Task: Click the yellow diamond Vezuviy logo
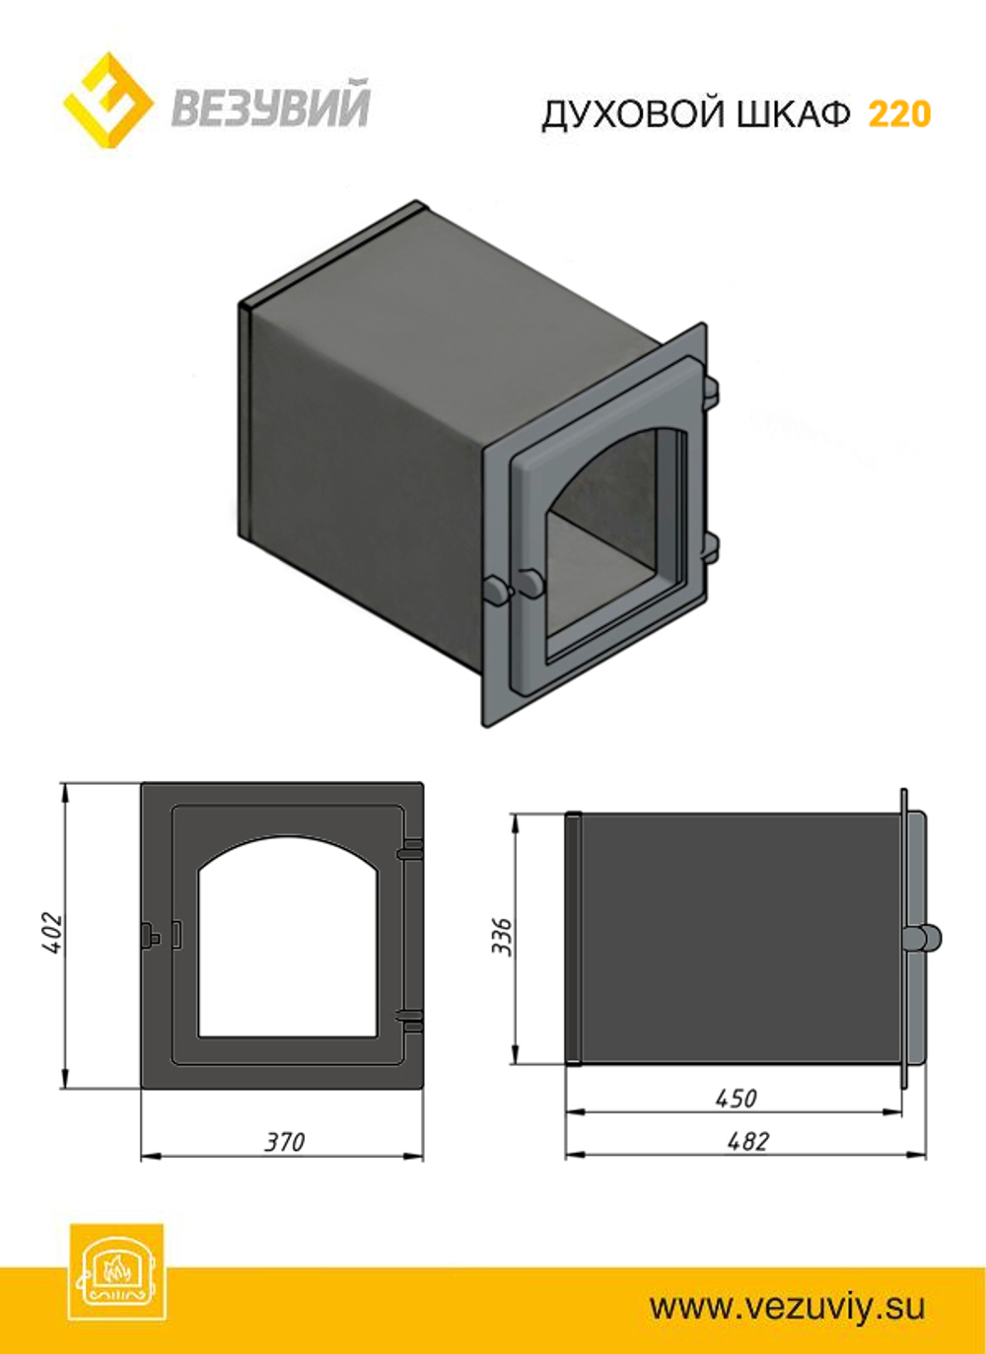(x=107, y=101)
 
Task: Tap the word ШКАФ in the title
(x=794, y=114)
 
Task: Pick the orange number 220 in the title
(x=899, y=114)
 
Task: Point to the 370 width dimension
(x=285, y=1142)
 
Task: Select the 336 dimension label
(x=501, y=937)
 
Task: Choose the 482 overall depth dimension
(x=749, y=1141)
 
